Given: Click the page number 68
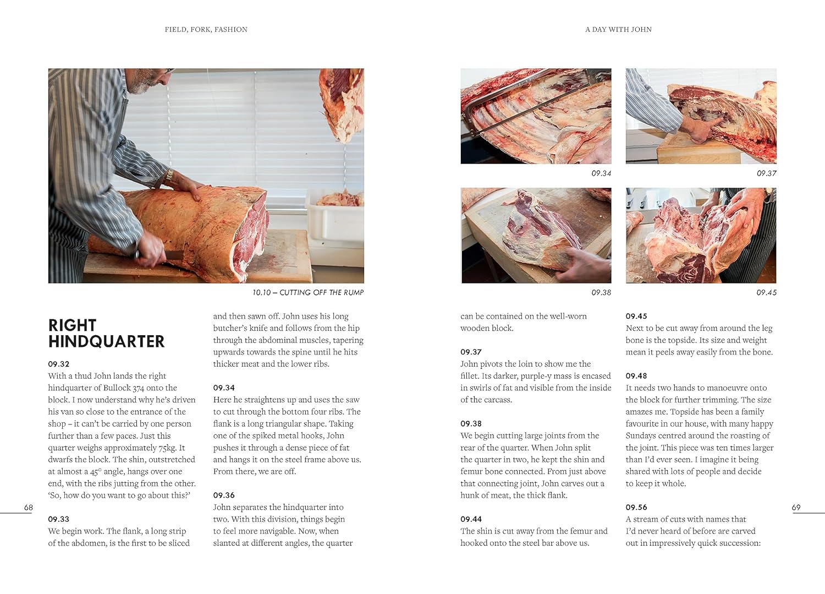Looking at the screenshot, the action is pyautogui.click(x=29, y=508).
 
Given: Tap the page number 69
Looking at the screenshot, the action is pyautogui.click(x=796, y=508).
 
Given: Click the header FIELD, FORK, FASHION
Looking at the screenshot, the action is pyautogui.click(x=206, y=30).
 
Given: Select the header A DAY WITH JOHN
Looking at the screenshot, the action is pyautogui.click(x=618, y=30).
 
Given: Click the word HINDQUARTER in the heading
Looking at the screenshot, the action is pyautogui.click(x=107, y=341).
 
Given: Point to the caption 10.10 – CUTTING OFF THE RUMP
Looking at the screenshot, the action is pyautogui.click(x=308, y=292).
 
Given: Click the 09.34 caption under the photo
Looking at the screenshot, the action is pyautogui.click(x=601, y=173).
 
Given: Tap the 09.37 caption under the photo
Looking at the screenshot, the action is pyautogui.click(x=767, y=173).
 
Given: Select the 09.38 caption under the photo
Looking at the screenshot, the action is pyautogui.click(x=601, y=292).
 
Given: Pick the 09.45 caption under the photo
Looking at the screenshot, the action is pyautogui.click(x=767, y=292).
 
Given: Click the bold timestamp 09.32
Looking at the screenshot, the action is pyautogui.click(x=58, y=364).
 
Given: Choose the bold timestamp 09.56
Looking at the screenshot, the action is pyautogui.click(x=636, y=508).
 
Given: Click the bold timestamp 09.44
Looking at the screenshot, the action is pyautogui.click(x=471, y=519).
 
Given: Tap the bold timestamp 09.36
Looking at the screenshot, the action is pyautogui.click(x=223, y=495).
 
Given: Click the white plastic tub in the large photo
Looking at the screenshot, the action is pyautogui.click(x=335, y=221).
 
